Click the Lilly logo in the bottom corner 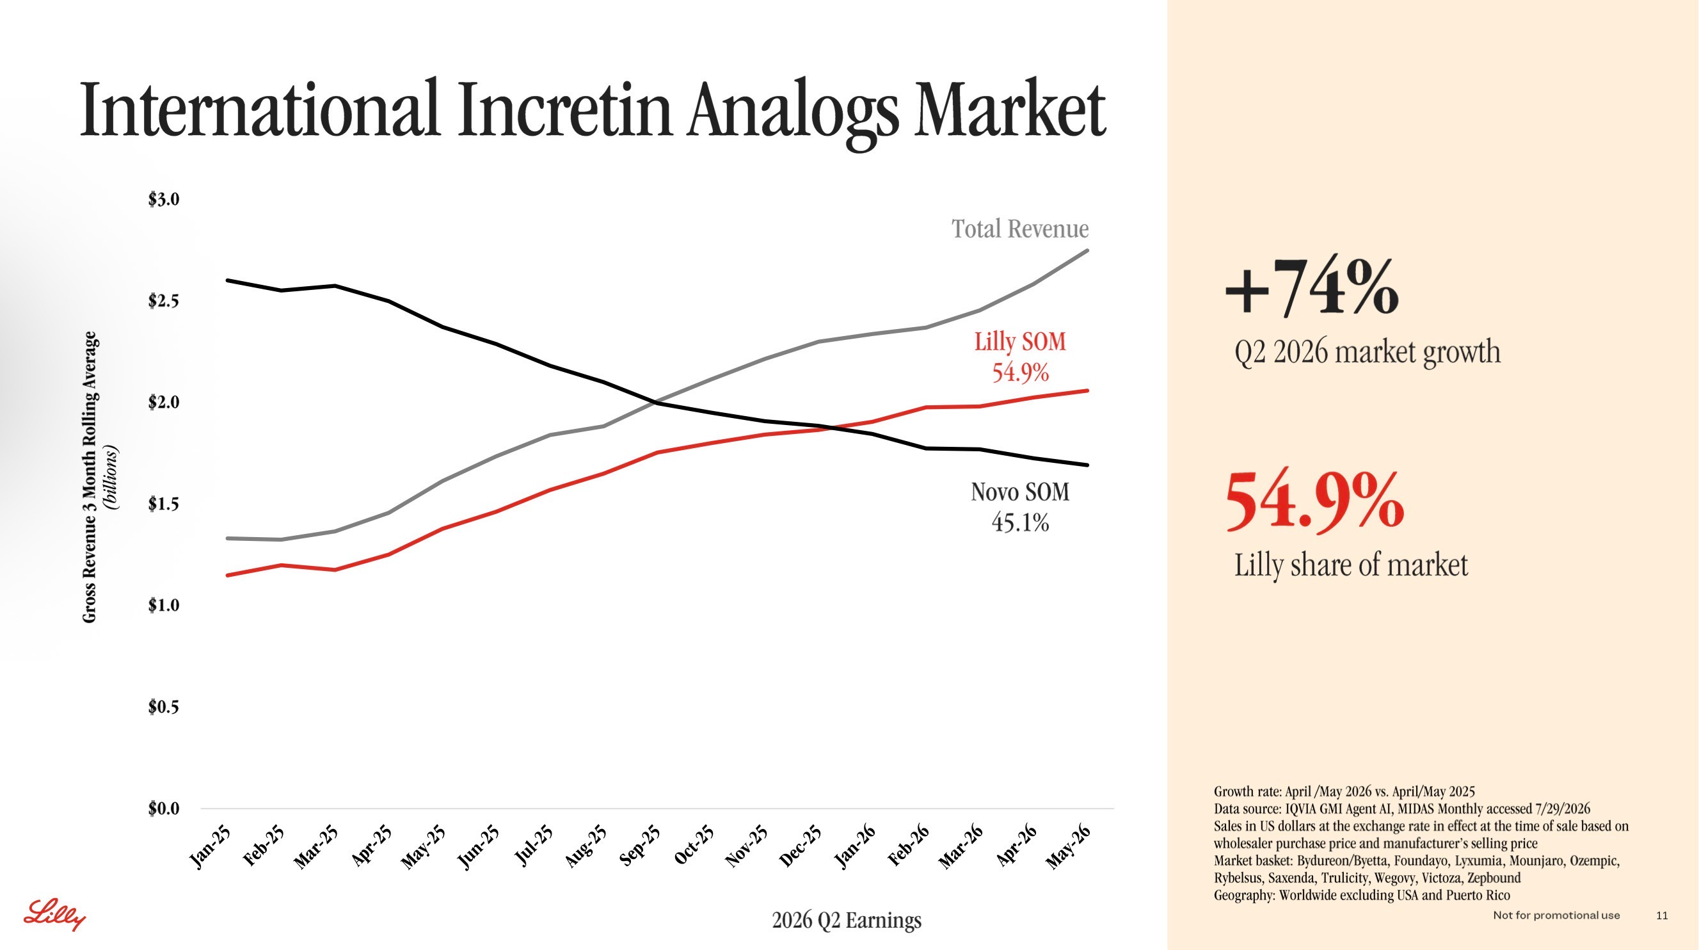pos(55,914)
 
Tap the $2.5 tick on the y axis pos(164,301)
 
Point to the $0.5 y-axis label pos(164,707)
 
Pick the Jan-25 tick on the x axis pos(211,846)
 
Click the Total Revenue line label pos(1019,229)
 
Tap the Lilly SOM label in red pos(1020,342)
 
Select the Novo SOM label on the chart pos(1019,492)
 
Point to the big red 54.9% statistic pos(1314,501)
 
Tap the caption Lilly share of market pos(1351,565)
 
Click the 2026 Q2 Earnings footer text pos(846,920)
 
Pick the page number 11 pos(1662,915)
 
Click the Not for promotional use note pos(1556,915)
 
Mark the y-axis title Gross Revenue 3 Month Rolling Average pos(90,477)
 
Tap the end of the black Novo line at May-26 pos(1088,465)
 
